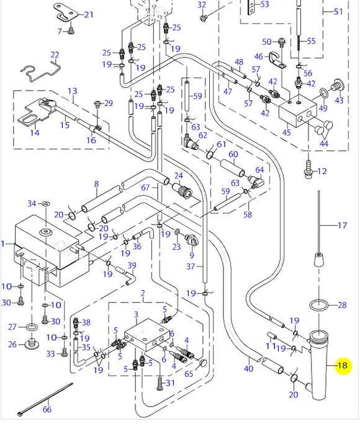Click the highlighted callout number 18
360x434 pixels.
342,366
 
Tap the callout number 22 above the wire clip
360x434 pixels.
55,55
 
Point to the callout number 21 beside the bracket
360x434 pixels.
89,15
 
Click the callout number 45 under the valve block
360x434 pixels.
286,131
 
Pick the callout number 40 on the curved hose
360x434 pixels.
248,369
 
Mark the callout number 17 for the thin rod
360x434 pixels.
342,226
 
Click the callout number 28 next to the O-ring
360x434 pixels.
342,305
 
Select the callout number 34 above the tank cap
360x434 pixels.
32,203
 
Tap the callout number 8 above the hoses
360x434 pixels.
96,184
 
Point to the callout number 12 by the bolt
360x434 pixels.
322,171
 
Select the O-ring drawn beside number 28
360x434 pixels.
317,305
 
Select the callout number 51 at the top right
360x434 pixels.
338,12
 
